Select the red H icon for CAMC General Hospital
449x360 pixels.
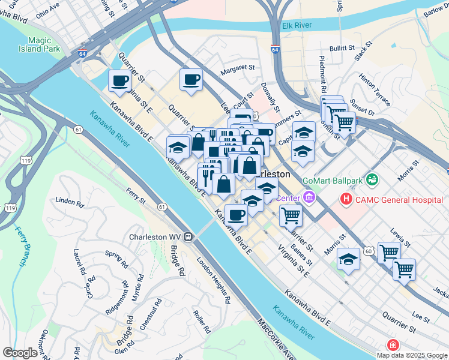(x=346, y=199)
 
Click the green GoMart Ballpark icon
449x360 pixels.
(x=373, y=179)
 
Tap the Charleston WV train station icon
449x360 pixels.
(x=188, y=236)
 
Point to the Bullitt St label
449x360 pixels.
(x=343, y=48)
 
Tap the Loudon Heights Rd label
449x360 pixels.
(x=214, y=279)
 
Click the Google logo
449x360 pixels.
(x=20, y=353)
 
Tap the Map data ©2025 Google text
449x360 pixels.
(x=411, y=355)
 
